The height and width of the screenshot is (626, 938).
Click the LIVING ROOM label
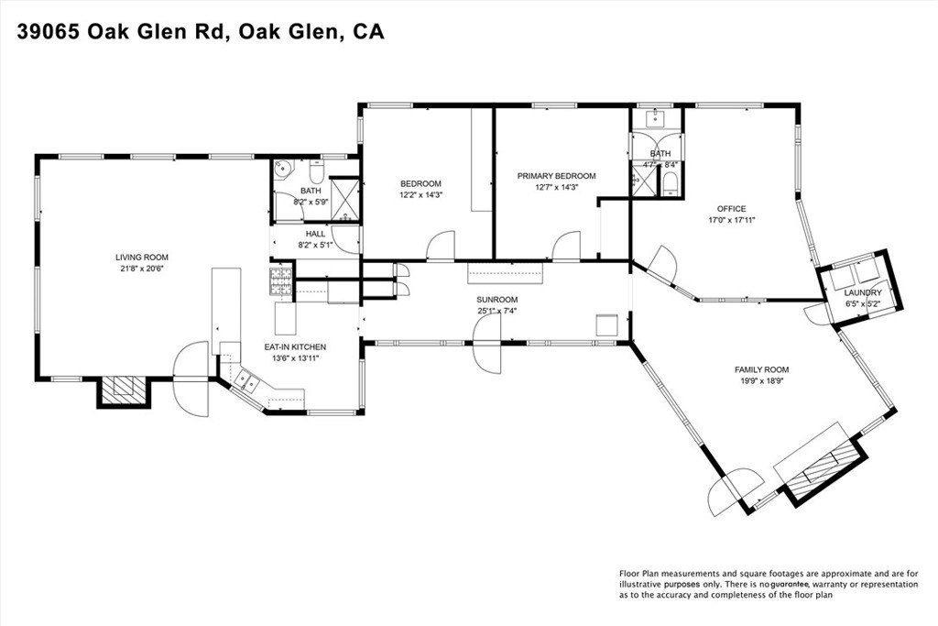point(142,258)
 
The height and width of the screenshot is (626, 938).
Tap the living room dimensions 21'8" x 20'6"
point(142,269)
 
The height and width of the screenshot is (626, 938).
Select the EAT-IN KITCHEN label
point(296,346)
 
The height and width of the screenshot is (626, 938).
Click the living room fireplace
point(122,391)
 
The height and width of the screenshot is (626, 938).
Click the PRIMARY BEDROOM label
point(556,176)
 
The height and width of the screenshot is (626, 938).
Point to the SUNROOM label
point(497,300)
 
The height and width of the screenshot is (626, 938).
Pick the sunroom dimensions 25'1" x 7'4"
point(497,311)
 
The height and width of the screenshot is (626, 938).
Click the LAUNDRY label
point(863,292)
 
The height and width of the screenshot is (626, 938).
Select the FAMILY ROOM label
point(761,369)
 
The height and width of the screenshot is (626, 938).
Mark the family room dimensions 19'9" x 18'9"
point(761,380)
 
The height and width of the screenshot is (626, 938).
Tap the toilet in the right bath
point(671,186)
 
